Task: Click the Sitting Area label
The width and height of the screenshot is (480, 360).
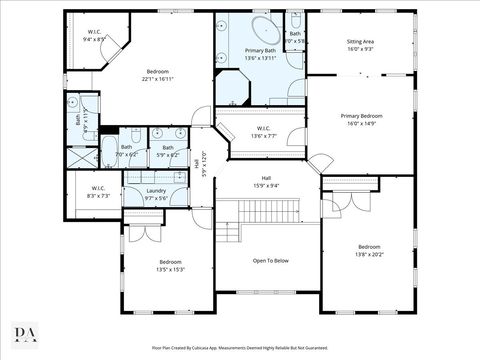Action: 360,45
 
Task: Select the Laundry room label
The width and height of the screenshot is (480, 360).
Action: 156,194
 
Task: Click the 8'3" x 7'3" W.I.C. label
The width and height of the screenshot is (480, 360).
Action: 98,192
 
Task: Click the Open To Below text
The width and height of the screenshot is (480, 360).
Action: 270,261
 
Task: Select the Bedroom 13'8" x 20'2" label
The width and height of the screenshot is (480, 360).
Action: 369,250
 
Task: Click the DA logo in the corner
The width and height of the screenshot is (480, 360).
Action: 24,334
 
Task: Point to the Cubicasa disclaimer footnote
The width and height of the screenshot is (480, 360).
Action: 240,349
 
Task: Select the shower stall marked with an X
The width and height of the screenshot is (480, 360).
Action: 79,157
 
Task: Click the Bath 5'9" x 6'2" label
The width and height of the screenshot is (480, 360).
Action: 168,151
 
